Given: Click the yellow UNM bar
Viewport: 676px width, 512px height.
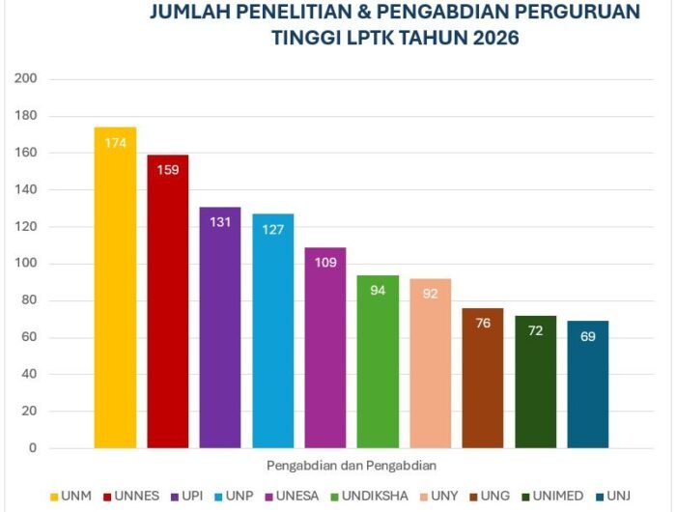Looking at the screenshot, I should pos(115,290).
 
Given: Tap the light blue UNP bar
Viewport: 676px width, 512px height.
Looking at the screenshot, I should pos(273,333).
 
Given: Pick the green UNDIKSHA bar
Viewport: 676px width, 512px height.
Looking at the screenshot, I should pos(378,367).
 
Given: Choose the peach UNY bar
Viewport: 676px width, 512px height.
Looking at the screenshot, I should pos(430,367).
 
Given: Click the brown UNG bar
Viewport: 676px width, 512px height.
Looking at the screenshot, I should pos(483,382).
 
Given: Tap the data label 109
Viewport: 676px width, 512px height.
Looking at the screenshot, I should pos(325,263).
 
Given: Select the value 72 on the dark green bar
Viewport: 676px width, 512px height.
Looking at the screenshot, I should pos(535,331).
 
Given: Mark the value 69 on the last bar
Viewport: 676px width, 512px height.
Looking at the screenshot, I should pos(587,337).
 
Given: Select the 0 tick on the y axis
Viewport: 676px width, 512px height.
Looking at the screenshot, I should pos(32,448).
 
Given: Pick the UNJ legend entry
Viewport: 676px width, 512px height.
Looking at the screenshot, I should pos(621,496).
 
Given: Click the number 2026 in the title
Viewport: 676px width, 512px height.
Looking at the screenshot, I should pos(490,39).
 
